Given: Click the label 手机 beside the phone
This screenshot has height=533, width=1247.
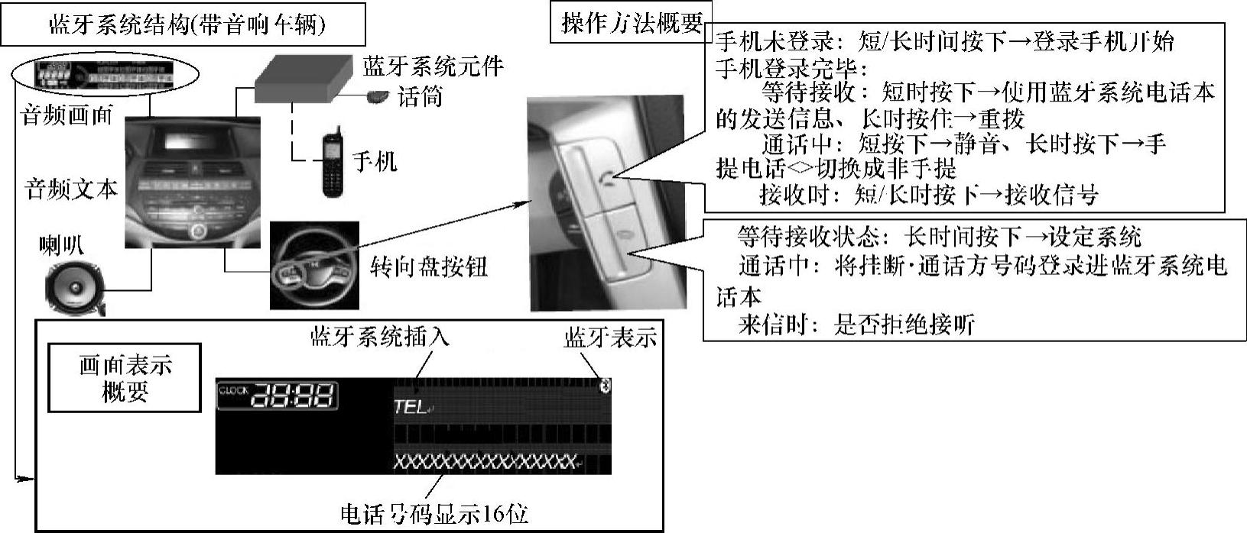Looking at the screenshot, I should click(x=374, y=161).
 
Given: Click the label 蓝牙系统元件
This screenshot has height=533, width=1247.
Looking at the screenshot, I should click(x=433, y=66).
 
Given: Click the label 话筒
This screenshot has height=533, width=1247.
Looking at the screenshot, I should click(x=421, y=97).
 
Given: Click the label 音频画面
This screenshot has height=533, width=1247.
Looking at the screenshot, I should click(x=67, y=115).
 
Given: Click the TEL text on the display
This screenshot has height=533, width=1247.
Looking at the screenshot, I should click(x=410, y=408).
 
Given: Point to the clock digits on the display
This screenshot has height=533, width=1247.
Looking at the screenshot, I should click(x=294, y=396).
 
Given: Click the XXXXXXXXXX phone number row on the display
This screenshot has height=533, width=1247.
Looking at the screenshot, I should click(x=484, y=462).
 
